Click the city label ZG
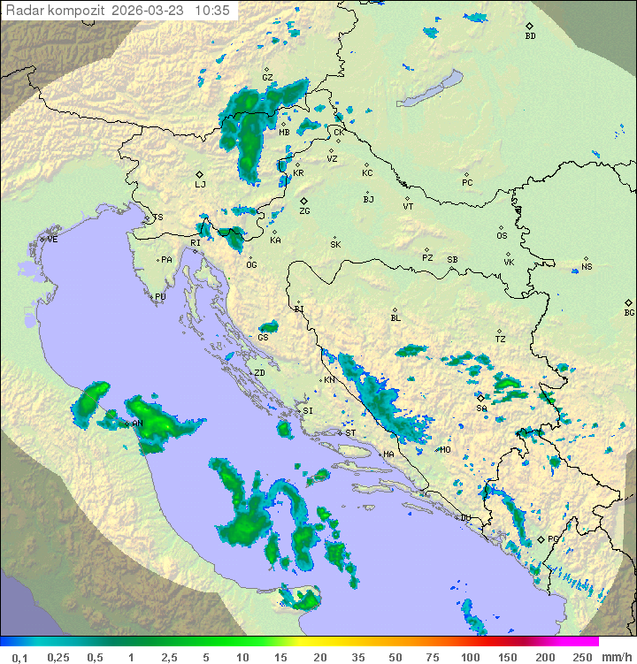pyautogui.click(x=304, y=211)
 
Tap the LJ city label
pyautogui.click(x=200, y=185)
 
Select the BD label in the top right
pyautogui.click(x=530, y=36)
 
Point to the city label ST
pyautogui.click(x=350, y=433)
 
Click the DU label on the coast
pyautogui.click(x=464, y=518)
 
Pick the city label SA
pyautogui.click(x=481, y=408)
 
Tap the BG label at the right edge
pyautogui.click(x=629, y=312)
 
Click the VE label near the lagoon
pyautogui.click(x=52, y=240)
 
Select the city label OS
pyautogui.click(x=502, y=236)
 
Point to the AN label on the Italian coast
pyautogui.click(x=137, y=424)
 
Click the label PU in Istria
pyautogui.click(x=160, y=297)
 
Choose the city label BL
pyautogui.click(x=395, y=318)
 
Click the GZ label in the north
pyautogui.click(x=267, y=78)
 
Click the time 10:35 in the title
pyautogui.click(x=213, y=11)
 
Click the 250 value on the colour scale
pyautogui.click(x=581, y=657)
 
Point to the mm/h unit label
pyautogui.click(x=616, y=657)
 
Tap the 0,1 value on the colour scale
pyautogui.click(x=19, y=657)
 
